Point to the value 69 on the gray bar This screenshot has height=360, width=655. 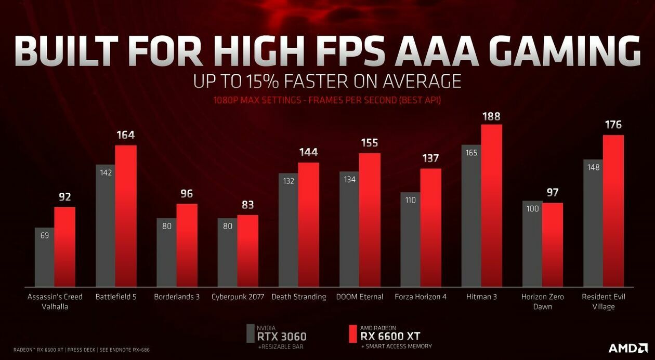(x=45, y=235)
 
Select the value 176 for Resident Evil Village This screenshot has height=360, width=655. (x=613, y=125)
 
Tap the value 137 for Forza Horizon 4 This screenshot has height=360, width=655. (x=430, y=158)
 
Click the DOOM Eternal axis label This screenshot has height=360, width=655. (x=360, y=297)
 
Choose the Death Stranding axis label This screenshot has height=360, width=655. (x=299, y=297)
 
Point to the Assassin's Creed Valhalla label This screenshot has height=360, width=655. (x=55, y=301)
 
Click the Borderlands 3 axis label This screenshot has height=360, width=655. (x=177, y=297)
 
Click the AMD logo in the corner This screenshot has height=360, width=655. (x=628, y=348)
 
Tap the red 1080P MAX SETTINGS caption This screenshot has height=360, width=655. (x=327, y=100)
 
